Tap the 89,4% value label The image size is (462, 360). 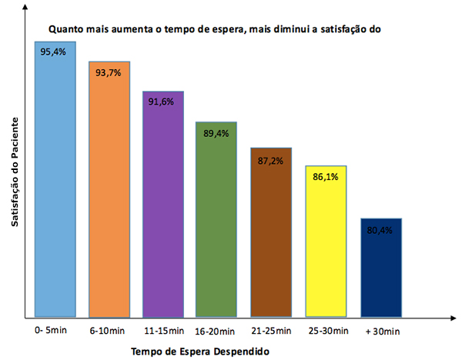216,132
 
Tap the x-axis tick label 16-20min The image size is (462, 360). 216,332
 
